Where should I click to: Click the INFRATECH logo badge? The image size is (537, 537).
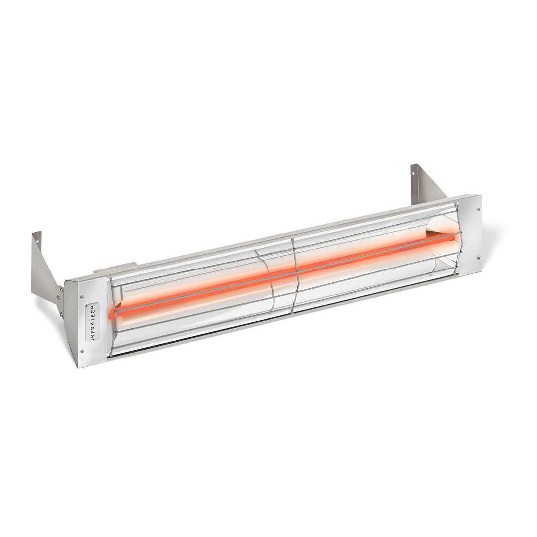point(92,322)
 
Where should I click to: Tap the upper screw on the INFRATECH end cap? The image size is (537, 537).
point(81,297)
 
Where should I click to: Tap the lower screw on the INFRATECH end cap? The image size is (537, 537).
point(82,351)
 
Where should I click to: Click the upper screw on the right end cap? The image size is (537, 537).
point(479,209)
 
